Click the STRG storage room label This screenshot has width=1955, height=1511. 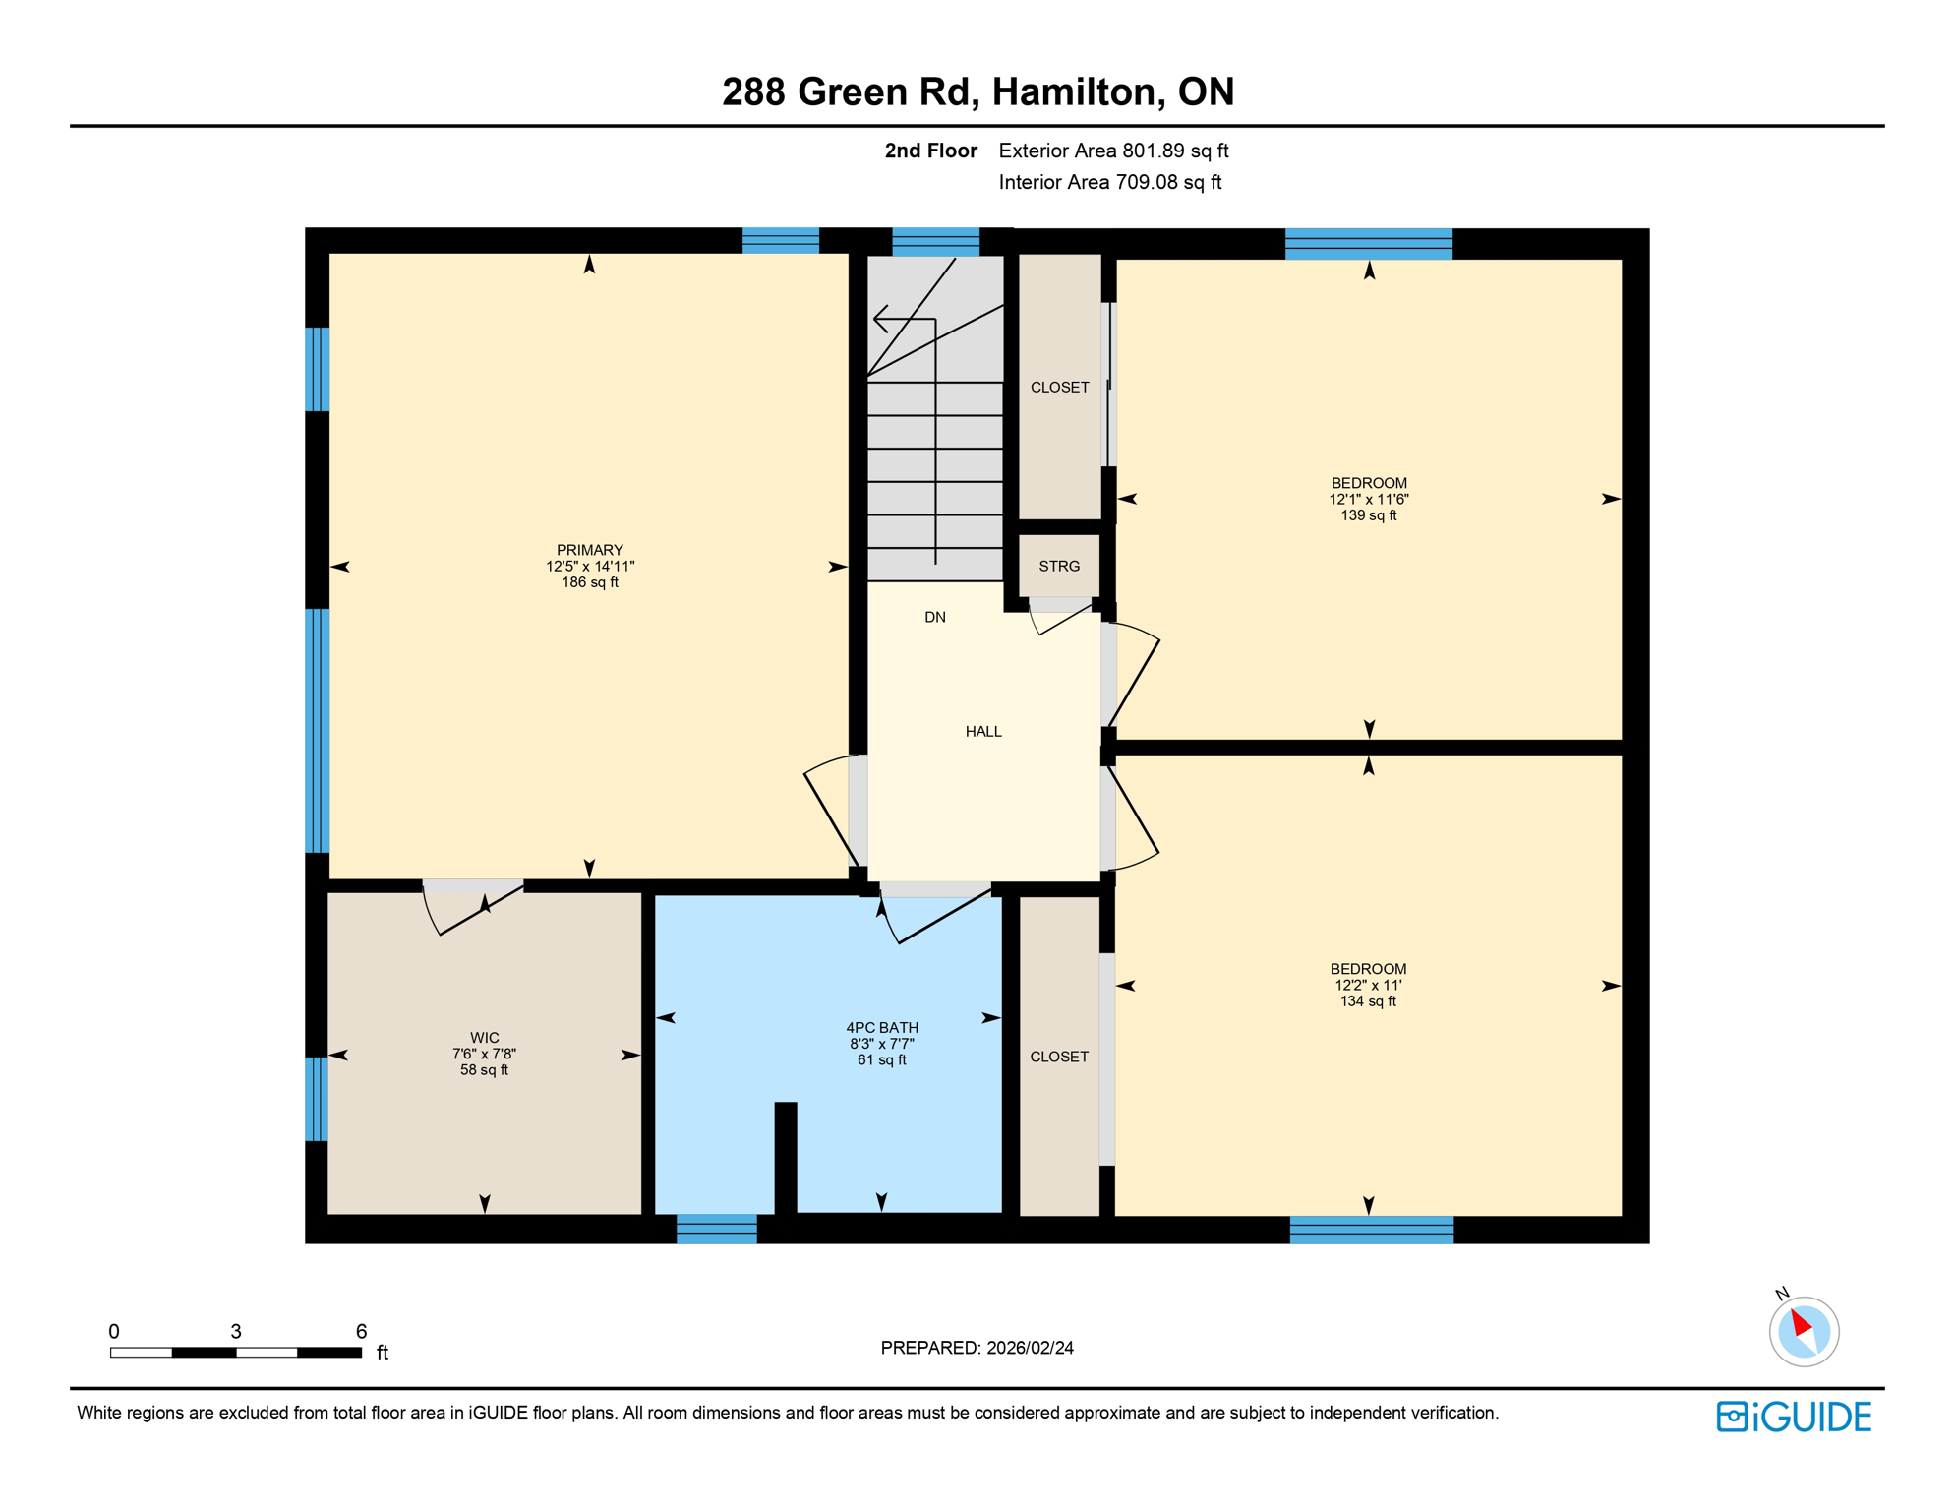click(x=1059, y=567)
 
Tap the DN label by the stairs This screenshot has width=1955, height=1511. click(x=935, y=618)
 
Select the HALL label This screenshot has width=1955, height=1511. click(x=983, y=732)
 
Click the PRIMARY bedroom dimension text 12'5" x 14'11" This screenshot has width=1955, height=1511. click(x=590, y=567)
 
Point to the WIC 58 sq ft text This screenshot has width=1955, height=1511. click(x=484, y=1070)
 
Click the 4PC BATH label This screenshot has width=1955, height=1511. click(x=882, y=1028)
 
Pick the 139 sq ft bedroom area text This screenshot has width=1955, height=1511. click(x=1368, y=515)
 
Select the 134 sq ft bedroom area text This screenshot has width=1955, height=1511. click(x=1368, y=1001)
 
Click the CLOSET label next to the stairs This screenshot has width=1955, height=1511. click(x=1059, y=388)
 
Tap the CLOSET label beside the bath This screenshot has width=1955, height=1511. click(x=1059, y=1057)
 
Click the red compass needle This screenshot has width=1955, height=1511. click(x=1801, y=1322)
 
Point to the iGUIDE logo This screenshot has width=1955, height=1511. click(x=1794, y=1417)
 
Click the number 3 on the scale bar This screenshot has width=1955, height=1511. click(x=236, y=1332)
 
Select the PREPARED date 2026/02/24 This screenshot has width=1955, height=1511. click(x=1027, y=1348)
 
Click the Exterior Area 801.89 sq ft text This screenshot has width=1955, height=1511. click(x=1113, y=151)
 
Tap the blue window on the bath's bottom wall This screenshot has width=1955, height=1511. click(x=717, y=1229)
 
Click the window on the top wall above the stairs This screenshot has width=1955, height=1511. click(x=935, y=242)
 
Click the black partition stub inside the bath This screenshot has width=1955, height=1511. click(x=786, y=1158)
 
